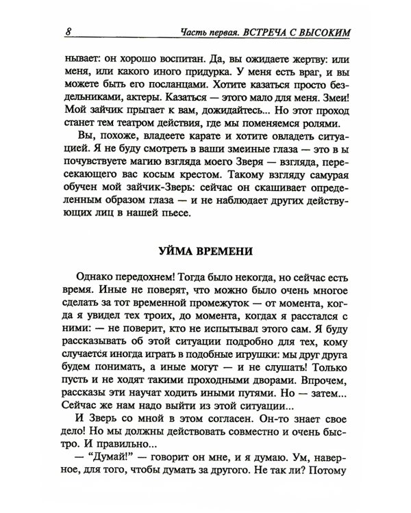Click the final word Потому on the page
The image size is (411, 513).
(330, 490)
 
